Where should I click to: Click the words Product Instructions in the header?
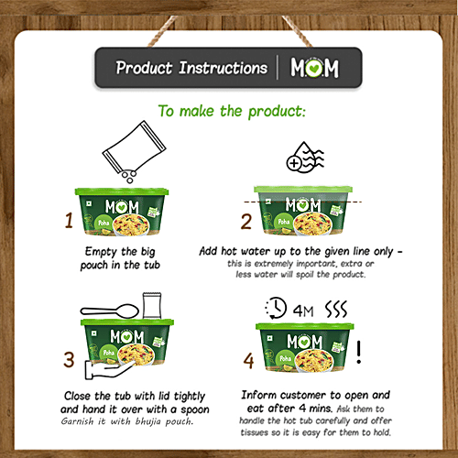[191, 69]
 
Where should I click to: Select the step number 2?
[245, 221]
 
